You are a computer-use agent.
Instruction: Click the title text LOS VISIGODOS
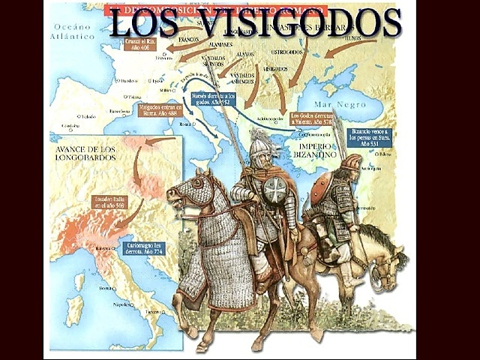click(x=254, y=23)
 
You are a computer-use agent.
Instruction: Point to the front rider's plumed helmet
click(x=259, y=142)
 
